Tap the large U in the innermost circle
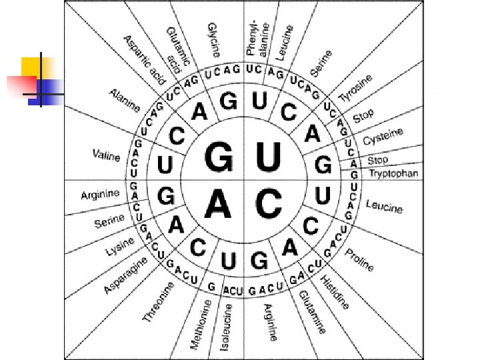[x=269, y=159]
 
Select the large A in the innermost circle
[x=218, y=203]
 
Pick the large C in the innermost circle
[x=269, y=203]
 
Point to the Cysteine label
[x=383, y=138]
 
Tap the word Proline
[x=360, y=259]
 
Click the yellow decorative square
[x=35, y=69]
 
